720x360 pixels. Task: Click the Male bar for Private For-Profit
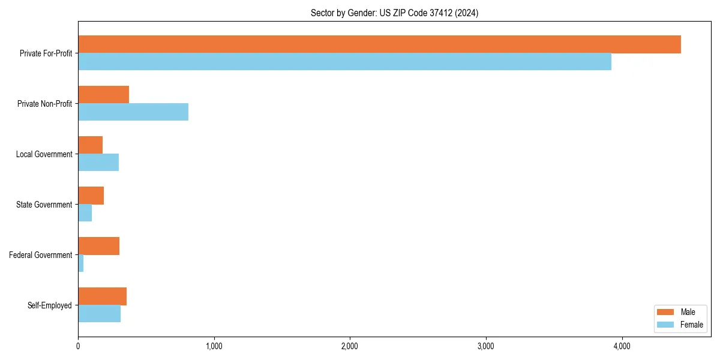tap(379, 44)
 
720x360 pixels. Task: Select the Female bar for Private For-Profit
tap(344, 62)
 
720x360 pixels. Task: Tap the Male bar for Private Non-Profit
tap(103, 95)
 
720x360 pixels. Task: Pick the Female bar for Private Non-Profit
tap(133, 112)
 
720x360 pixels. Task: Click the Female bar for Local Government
tap(98, 163)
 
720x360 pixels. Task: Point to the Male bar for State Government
tap(91, 196)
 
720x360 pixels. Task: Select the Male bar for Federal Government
tap(98, 246)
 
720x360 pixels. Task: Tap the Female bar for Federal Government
tap(81, 263)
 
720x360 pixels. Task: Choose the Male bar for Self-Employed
tap(102, 296)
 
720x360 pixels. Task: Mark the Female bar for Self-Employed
tap(99, 314)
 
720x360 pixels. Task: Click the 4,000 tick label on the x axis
tap(622, 346)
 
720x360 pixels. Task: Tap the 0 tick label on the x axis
tap(78, 346)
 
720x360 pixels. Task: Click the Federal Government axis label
tap(41, 255)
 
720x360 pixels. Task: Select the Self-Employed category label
tap(50, 305)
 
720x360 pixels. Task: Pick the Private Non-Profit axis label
tap(44, 104)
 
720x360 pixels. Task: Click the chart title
tap(394, 13)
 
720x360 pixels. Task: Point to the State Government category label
tap(44, 205)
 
